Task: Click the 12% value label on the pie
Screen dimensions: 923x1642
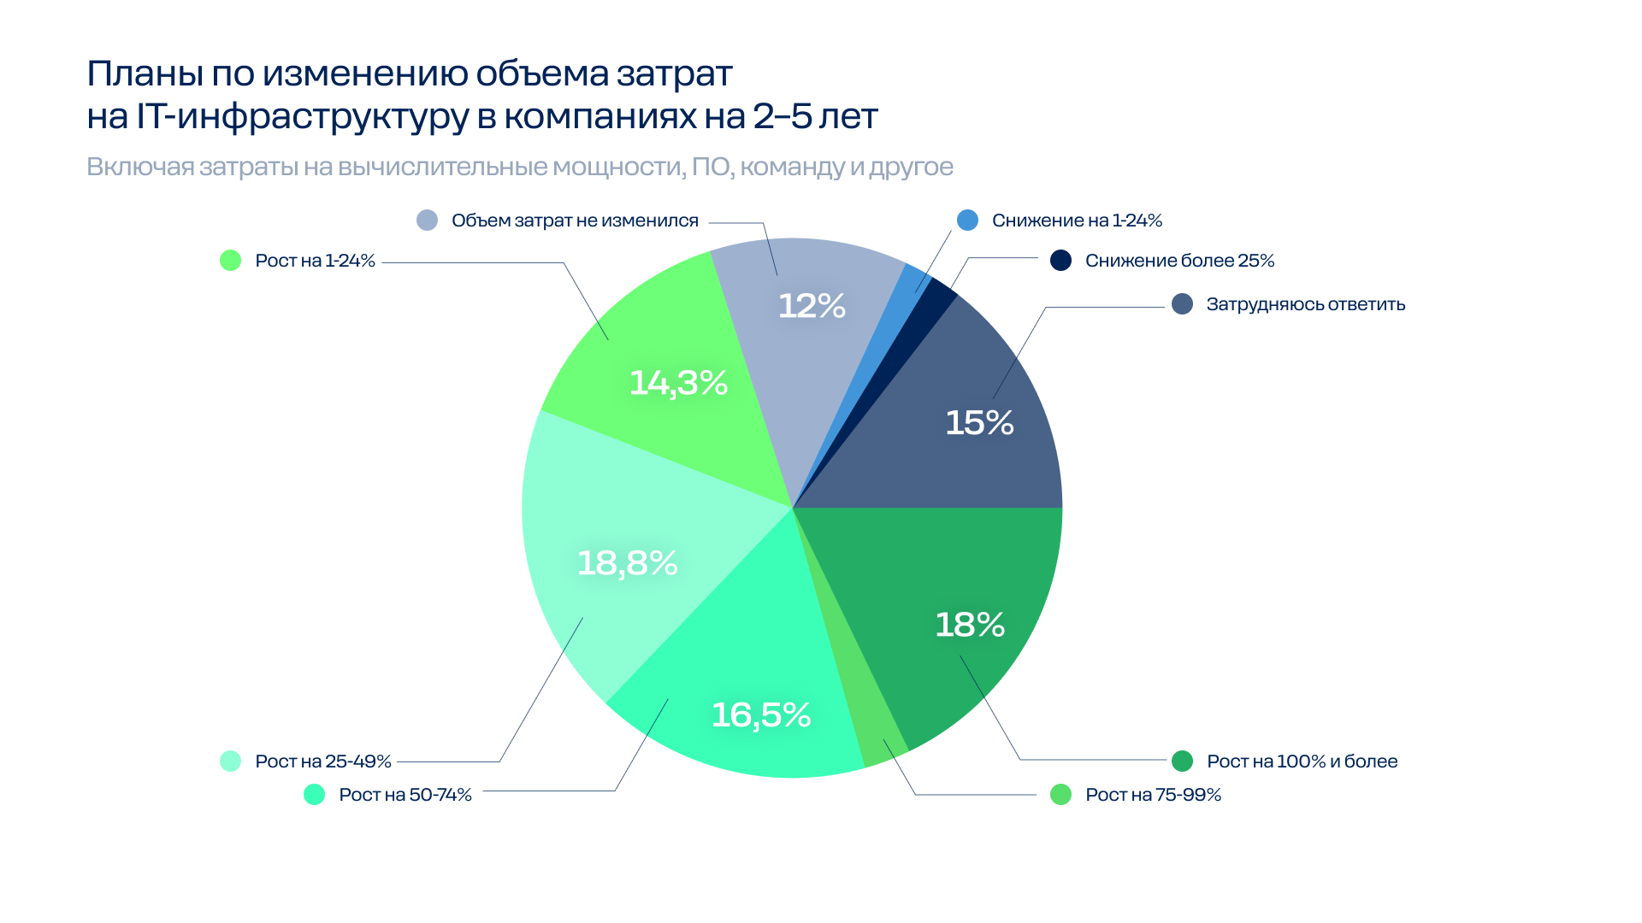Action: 812,306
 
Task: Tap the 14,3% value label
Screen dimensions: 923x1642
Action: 678,382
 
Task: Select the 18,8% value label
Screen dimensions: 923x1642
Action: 627,562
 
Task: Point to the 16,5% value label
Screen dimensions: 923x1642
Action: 760,714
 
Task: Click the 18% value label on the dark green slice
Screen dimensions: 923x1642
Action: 969,624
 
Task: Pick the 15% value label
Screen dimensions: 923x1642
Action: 979,422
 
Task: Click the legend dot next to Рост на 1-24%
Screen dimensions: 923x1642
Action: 230,261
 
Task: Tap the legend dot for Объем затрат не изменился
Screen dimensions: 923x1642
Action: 427,220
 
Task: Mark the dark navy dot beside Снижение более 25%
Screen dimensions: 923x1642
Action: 1060,261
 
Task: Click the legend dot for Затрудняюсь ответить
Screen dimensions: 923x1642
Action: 1182,304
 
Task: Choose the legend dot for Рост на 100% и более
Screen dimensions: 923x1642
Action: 1182,761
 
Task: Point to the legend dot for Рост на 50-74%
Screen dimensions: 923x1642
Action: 314,795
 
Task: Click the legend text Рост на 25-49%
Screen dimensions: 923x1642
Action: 322,761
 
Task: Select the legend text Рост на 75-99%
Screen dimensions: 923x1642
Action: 1153,795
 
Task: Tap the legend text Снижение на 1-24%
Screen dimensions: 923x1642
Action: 1077,220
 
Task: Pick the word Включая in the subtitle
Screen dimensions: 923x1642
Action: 140,167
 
